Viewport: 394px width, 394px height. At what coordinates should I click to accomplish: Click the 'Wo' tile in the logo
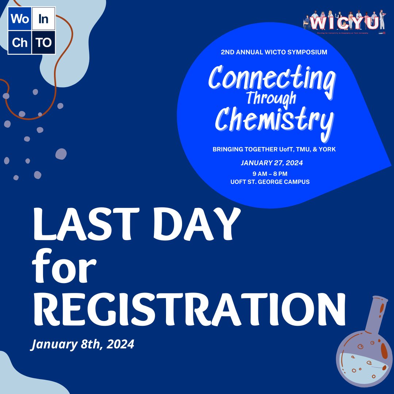tap(19, 19)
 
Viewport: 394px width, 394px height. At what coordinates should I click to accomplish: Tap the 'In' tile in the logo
tap(43, 19)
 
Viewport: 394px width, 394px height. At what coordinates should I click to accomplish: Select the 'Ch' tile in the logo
tap(19, 42)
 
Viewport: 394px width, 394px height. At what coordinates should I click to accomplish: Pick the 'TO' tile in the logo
tap(43, 42)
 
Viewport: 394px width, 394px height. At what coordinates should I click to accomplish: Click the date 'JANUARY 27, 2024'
tap(272, 163)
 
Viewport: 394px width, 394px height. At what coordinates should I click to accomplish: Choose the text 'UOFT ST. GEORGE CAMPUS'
tap(270, 182)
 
